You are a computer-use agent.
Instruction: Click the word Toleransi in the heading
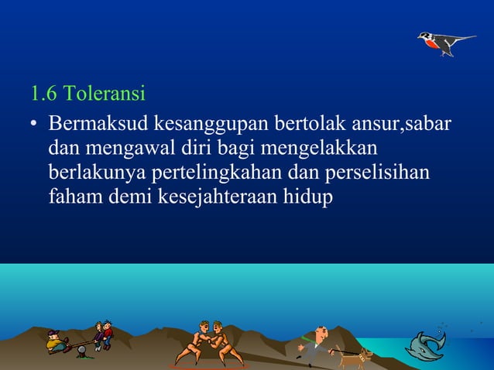pyautogui.click(x=105, y=95)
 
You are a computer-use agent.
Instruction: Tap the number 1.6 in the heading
pyautogui.click(x=43, y=95)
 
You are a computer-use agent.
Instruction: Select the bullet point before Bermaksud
pyautogui.click(x=35, y=125)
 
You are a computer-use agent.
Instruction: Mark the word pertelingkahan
pyautogui.click(x=228, y=173)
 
